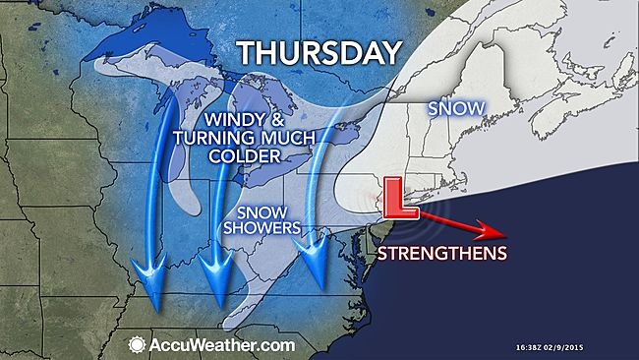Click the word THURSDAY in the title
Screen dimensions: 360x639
(319, 52)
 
